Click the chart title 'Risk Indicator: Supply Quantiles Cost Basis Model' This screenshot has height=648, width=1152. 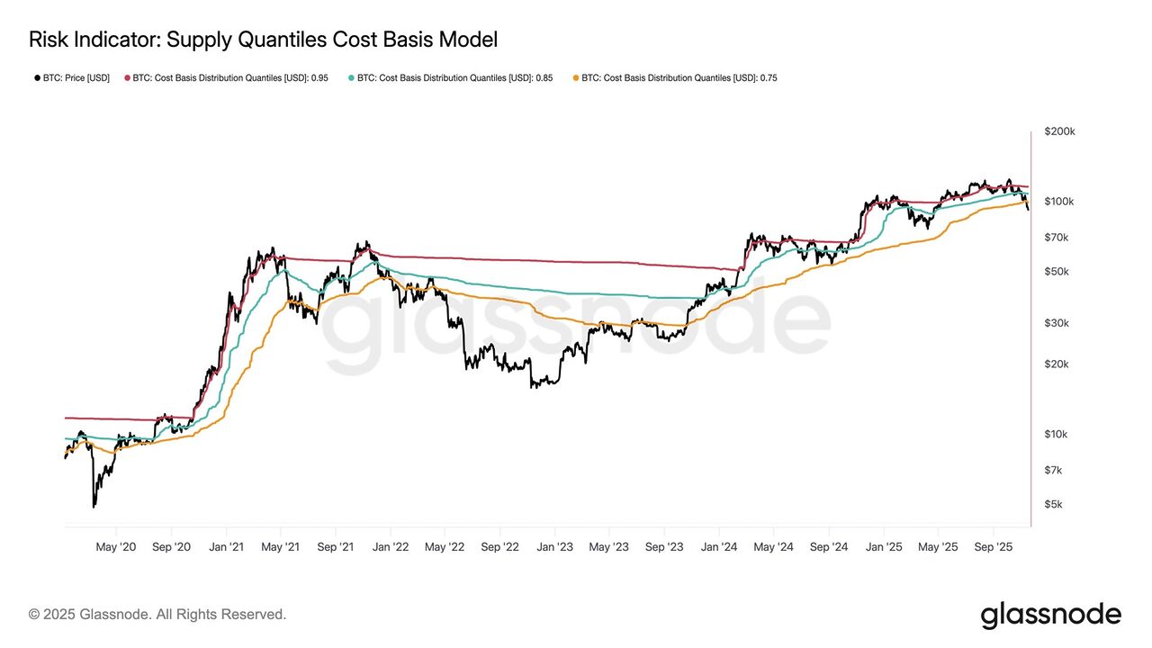[263, 40]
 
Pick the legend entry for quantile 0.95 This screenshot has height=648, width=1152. [226, 78]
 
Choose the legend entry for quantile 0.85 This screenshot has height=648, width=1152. [450, 78]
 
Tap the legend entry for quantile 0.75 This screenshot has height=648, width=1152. [674, 78]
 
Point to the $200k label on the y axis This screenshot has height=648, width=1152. [1059, 131]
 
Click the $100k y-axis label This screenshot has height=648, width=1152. [1059, 201]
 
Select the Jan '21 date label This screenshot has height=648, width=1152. [227, 546]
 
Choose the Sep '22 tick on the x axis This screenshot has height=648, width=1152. [499, 546]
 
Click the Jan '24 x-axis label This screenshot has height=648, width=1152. [719, 546]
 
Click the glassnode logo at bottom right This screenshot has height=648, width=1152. [1050, 615]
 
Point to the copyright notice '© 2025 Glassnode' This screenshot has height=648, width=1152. [157, 615]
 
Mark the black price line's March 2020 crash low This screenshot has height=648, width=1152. [94, 507]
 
